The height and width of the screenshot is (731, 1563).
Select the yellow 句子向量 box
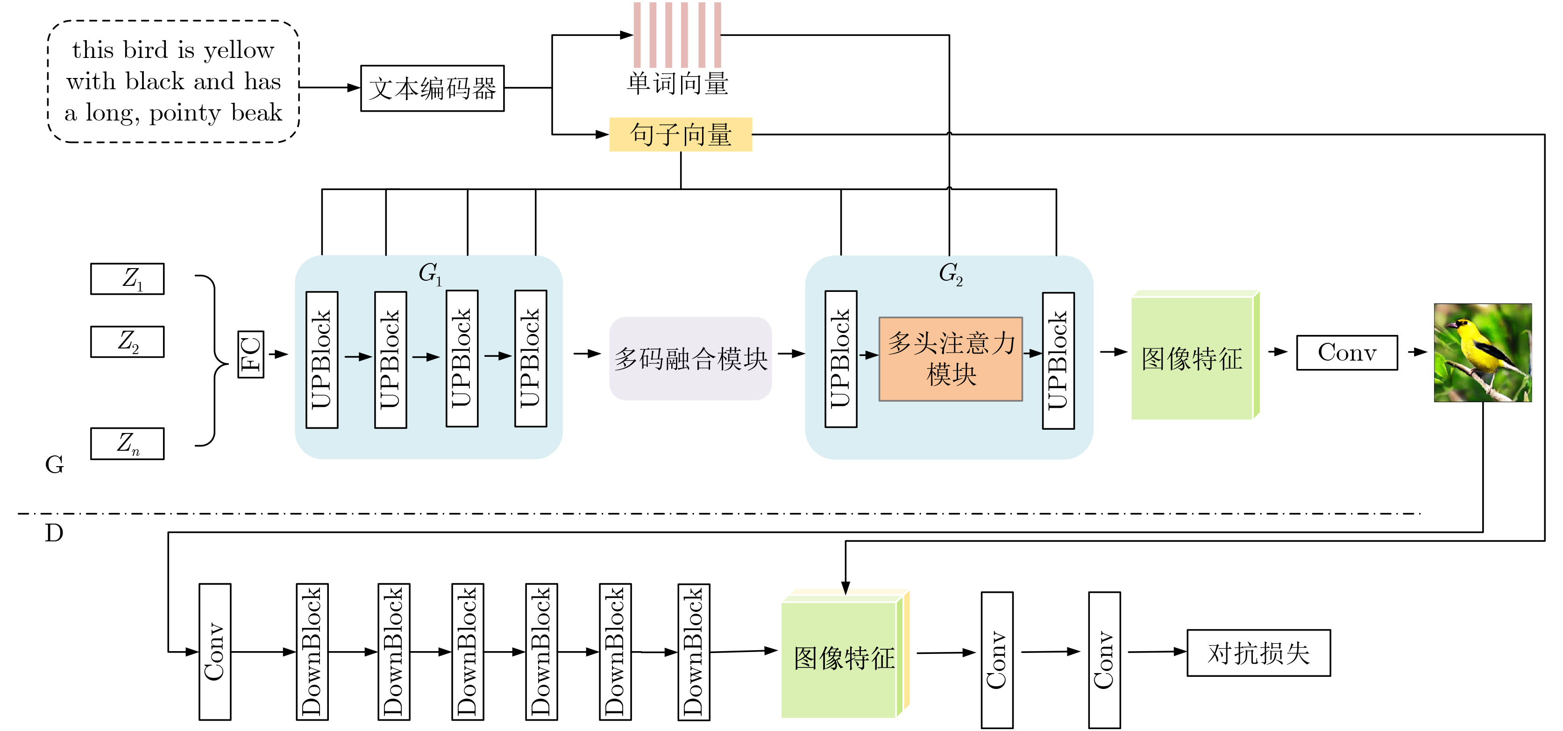tap(680, 135)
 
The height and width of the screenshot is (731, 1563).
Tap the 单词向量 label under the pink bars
tap(677, 84)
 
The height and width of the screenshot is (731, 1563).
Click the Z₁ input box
tap(128, 279)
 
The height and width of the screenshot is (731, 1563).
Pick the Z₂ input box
tap(128, 342)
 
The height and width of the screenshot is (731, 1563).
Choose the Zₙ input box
tap(128, 443)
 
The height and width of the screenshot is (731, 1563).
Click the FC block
tap(250, 354)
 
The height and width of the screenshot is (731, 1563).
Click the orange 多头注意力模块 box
tap(951, 359)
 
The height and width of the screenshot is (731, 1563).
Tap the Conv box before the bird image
tap(1347, 353)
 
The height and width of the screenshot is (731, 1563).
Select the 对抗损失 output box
tap(1258, 653)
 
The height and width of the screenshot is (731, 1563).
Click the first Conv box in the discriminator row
tap(215, 652)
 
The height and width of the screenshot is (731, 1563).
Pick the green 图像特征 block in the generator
tap(1192, 358)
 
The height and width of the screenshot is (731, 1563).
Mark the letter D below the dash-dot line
tap(54, 533)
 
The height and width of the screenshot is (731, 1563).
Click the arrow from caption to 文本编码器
tap(330, 88)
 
